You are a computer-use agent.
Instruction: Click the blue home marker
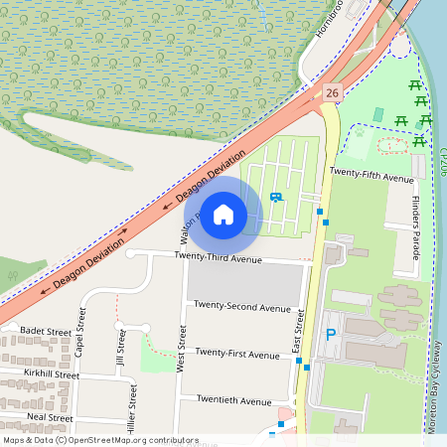tap(223, 214)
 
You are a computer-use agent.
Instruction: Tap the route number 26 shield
tap(332, 92)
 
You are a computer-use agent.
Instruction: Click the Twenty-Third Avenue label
tap(218, 258)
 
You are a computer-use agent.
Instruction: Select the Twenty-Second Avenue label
tap(242, 306)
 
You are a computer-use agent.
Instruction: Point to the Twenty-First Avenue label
tap(237, 354)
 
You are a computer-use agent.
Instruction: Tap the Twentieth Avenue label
tap(233, 401)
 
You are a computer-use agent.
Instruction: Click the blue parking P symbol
tap(331, 336)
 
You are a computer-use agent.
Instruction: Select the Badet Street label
tap(46, 331)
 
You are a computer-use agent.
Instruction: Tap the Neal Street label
tap(51, 417)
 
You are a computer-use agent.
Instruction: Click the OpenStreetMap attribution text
tap(99, 440)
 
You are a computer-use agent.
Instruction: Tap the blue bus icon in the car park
tap(275, 197)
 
